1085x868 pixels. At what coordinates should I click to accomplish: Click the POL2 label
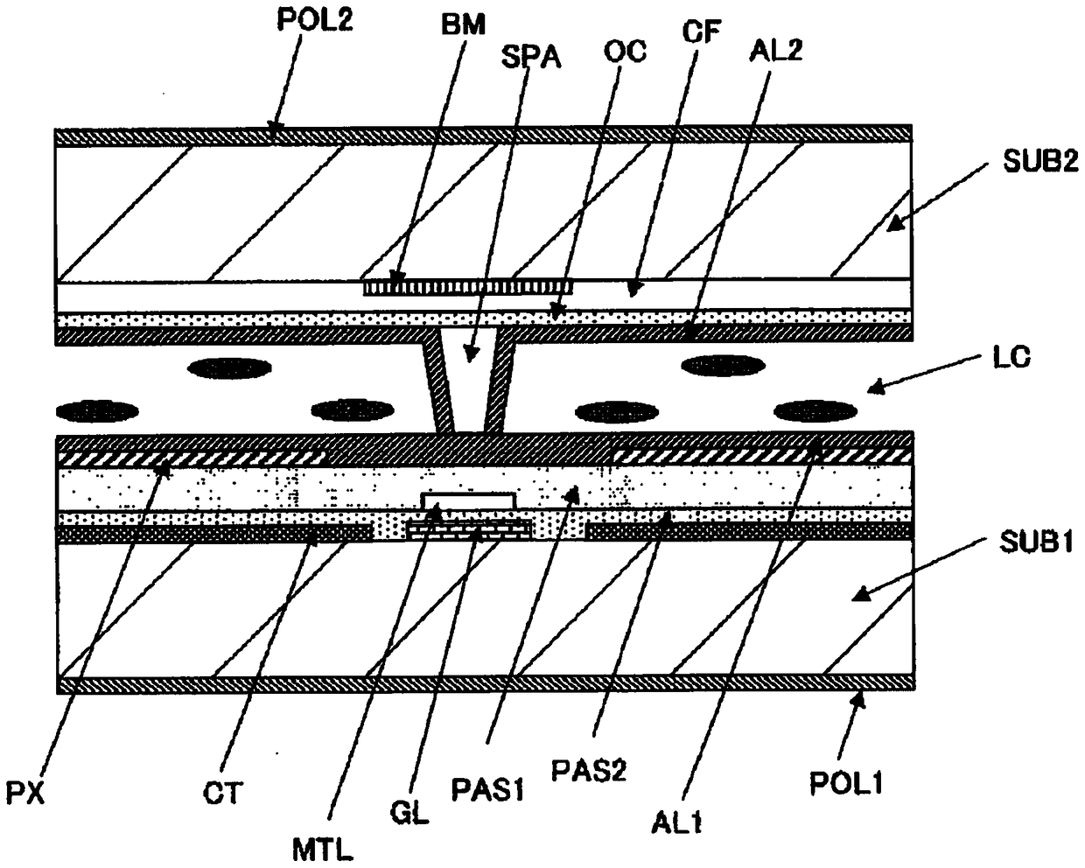coord(315,20)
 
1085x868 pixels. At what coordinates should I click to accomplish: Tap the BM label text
coord(464,24)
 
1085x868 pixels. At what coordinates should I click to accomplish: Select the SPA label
coord(531,58)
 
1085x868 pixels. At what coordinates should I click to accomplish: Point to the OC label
coord(625,52)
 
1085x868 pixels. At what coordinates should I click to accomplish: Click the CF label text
coord(702,31)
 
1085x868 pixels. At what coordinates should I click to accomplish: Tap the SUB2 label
coord(1040,162)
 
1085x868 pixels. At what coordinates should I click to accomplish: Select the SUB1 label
coord(1036,542)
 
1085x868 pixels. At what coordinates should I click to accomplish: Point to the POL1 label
coord(846,783)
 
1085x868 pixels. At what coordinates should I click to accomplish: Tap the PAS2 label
coord(589,770)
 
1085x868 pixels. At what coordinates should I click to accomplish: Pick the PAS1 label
coord(487,789)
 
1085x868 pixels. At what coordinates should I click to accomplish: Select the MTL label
coord(323,850)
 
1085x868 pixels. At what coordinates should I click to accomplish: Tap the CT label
coord(223,793)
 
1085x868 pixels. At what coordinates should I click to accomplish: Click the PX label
coord(25,792)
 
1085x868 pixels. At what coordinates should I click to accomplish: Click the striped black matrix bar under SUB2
coord(468,287)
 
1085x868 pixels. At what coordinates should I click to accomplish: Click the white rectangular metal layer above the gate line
coord(468,500)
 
